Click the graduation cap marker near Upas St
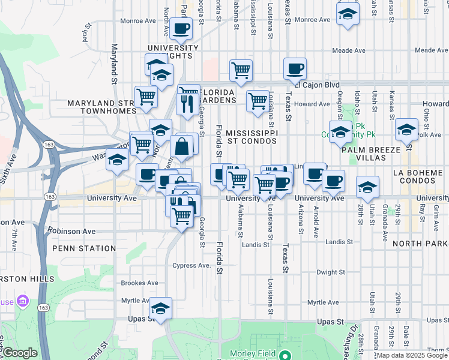(160, 308)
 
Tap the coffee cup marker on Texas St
(294, 69)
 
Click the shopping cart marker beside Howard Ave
(258, 101)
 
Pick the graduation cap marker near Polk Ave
(406, 130)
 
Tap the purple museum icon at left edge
(22, 299)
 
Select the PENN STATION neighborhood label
(84, 248)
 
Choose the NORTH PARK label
(420, 244)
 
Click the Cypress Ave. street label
(192, 265)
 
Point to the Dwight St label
(330, 272)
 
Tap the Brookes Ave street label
(139, 283)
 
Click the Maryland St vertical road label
(113, 62)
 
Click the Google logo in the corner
(20, 353)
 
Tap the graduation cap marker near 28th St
(367, 187)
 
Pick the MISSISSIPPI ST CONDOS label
(252, 137)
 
